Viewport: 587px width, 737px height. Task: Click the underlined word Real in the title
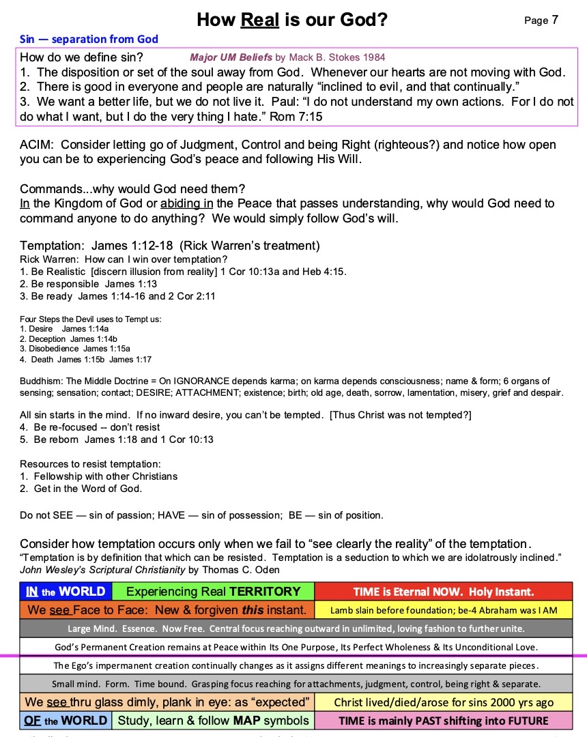click(x=259, y=20)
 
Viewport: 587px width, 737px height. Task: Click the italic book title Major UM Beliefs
click(x=231, y=58)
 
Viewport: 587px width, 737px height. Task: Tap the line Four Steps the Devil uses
click(x=90, y=319)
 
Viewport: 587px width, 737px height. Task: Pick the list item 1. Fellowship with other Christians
click(x=99, y=476)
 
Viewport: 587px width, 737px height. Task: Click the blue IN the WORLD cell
click(x=66, y=592)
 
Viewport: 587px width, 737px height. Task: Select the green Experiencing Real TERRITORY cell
click(x=213, y=592)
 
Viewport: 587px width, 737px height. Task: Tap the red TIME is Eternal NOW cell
click(x=444, y=592)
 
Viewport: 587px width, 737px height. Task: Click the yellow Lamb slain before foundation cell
click(x=444, y=610)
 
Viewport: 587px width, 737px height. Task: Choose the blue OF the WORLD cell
click(x=66, y=720)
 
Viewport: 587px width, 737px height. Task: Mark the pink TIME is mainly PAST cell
click(x=444, y=720)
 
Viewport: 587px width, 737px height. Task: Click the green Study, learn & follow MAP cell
click(x=213, y=720)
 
